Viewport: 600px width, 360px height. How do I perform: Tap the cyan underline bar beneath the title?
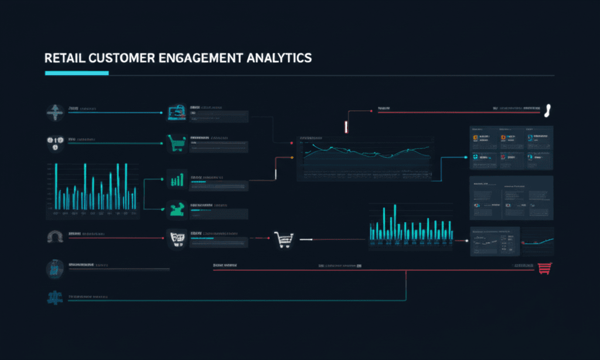coord(77,73)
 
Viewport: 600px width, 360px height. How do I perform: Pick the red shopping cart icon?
coord(544,267)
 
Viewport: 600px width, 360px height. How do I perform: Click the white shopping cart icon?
coord(284,239)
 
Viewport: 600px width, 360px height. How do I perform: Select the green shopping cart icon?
coord(176,143)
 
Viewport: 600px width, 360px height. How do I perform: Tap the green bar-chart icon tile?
coord(176,179)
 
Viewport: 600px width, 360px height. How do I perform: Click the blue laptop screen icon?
coord(176,111)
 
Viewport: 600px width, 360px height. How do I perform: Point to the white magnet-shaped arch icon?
coord(54,237)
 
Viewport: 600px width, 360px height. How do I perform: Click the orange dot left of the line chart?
coord(292,158)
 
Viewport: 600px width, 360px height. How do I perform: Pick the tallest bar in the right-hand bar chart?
coord(395,222)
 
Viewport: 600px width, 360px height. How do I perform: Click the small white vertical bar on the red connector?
coord(346,127)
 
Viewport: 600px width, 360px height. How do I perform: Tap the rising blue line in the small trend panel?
coord(539,242)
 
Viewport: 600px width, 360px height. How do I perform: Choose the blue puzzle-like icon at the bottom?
coord(55,298)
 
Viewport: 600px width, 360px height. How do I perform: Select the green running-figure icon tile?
coord(176,208)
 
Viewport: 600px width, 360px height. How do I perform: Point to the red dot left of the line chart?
coord(292,142)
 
